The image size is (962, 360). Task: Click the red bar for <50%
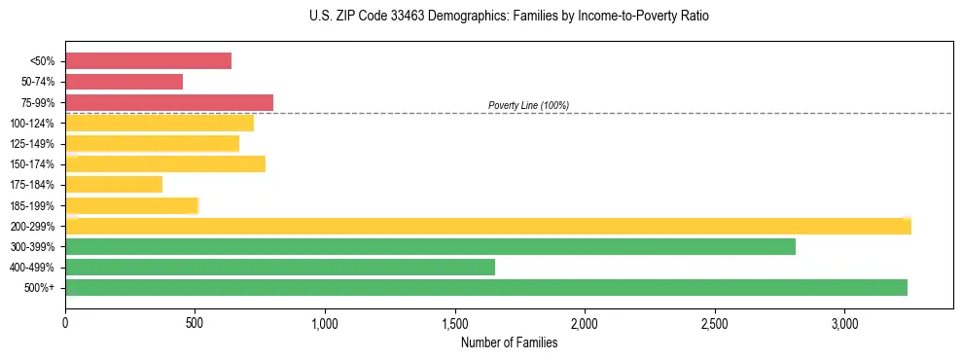(148, 61)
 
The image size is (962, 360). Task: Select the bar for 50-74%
(124, 82)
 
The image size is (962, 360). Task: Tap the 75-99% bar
(169, 102)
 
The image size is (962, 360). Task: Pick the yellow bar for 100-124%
(160, 123)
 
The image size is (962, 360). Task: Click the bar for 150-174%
(165, 163)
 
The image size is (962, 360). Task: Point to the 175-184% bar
(114, 185)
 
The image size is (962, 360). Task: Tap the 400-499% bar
(280, 267)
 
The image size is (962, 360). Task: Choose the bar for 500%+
(486, 287)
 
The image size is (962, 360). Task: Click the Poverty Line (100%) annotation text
(528, 105)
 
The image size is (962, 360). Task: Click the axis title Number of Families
(509, 342)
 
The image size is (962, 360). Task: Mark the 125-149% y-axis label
(32, 144)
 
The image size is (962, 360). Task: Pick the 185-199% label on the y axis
(32, 205)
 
